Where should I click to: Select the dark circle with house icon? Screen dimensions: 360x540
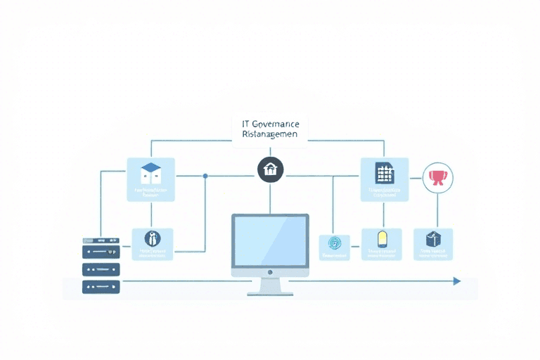tap(270, 169)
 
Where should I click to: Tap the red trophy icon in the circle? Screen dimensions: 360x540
tap(437, 176)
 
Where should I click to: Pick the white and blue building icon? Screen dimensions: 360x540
tap(151, 173)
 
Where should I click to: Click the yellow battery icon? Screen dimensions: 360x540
tap(382, 238)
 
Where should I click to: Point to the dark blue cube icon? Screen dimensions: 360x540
tap(432, 239)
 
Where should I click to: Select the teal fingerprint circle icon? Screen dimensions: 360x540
tap(334, 243)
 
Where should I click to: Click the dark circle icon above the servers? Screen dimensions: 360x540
tap(152, 238)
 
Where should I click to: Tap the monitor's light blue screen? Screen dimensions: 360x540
tap(270, 241)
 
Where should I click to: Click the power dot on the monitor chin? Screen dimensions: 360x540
tap(270, 271)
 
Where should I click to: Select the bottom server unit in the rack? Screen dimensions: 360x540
tap(101, 286)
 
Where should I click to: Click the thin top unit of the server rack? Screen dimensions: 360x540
tap(101, 240)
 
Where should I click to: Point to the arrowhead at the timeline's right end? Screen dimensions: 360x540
tap(457, 281)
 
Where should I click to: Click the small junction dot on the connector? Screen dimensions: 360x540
tap(205, 176)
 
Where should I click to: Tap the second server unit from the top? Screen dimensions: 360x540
tap(101, 252)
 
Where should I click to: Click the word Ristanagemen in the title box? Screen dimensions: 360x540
tap(269, 134)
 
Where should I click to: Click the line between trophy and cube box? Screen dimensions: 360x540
tap(437, 210)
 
